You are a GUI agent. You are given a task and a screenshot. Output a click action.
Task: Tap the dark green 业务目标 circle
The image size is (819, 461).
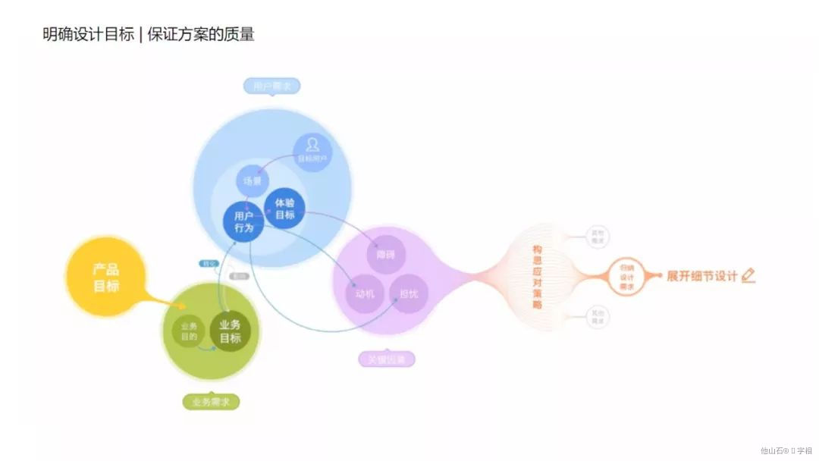(x=231, y=332)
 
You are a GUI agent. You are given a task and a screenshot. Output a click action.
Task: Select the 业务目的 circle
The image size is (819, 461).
(x=189, y=331)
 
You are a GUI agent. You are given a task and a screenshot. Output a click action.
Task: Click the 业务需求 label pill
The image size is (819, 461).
(x=211, y=402)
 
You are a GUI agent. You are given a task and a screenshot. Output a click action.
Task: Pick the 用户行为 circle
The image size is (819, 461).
(x=243, y=221)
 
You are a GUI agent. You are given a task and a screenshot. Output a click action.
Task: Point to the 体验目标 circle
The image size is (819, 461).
(x=285, y=209)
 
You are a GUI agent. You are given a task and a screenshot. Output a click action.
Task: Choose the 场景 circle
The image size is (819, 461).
(x=252, y=181)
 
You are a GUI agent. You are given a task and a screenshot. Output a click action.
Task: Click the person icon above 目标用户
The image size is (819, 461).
(x=312, y=144)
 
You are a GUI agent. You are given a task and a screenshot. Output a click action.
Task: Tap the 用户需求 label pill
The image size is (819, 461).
(x=271, y=86)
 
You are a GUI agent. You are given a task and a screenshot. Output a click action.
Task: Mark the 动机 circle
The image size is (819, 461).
(x=366, y=293)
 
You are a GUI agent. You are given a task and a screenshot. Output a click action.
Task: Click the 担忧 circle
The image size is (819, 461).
(x=409, y=293)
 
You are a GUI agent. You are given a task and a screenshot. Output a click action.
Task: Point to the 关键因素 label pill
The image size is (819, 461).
(x=387, y=359)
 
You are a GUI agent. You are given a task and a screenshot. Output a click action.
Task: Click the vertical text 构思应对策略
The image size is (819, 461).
(x=538, y=276)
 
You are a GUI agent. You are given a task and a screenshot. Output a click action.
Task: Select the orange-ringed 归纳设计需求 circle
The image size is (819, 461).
(x=626, y=277)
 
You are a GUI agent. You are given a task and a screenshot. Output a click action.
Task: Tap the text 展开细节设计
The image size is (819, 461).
(x=701, y=276)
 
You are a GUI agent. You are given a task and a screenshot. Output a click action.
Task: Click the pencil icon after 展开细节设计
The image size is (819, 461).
(x=748, y=275)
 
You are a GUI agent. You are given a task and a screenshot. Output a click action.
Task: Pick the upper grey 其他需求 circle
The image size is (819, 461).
(x=598, y=237)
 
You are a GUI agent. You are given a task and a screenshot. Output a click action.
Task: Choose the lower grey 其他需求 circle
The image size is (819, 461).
(x=598, y=317)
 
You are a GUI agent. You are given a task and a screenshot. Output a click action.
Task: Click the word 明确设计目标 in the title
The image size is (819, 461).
(x=88, y=34)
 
